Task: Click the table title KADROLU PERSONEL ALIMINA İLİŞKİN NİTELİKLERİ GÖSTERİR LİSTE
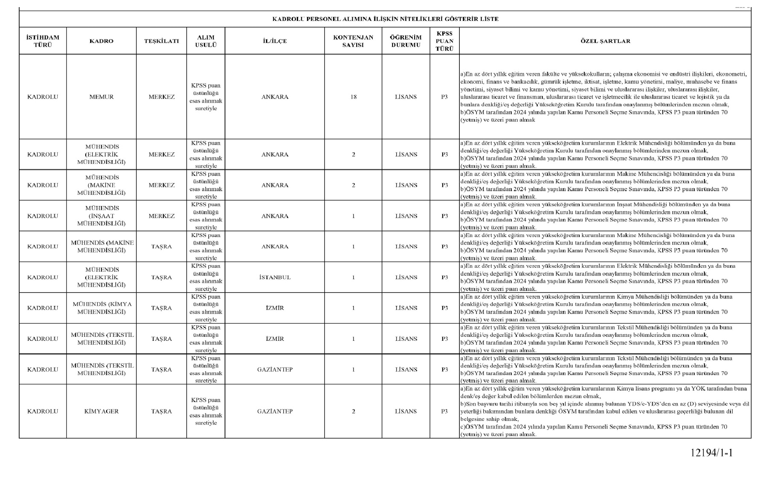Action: click(x=385, y=19)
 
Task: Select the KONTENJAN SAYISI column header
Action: click(x=353, y=41)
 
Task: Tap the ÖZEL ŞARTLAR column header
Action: click(x=605, y=41)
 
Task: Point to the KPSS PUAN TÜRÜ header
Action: click(x=444, y=41)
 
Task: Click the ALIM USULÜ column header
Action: click(x=206, y=41)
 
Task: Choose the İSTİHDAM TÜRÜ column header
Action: click(x=43, y=41)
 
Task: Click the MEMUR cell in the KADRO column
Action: click(x=102, y=97)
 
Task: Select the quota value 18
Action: click(x=353, y=97)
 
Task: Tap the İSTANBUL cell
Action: click(x=275, y=277)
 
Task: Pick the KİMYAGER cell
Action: click(x=102, y=411)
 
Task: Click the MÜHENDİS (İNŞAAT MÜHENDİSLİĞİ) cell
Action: click(x=102, y=216)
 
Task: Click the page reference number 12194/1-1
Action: click(x=712, y=453)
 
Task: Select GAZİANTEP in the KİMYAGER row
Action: click(x=275, y=411)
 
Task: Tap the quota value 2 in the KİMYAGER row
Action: click(x=353, y=411)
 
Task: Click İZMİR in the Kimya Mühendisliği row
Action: click(x=275, y=308)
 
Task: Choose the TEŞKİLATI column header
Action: click(x=161, y=41)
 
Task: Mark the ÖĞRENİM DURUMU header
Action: click(x=406, y=41)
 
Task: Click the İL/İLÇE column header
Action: click(x=275, y=41)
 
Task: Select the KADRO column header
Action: click(x=102, y=41)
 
